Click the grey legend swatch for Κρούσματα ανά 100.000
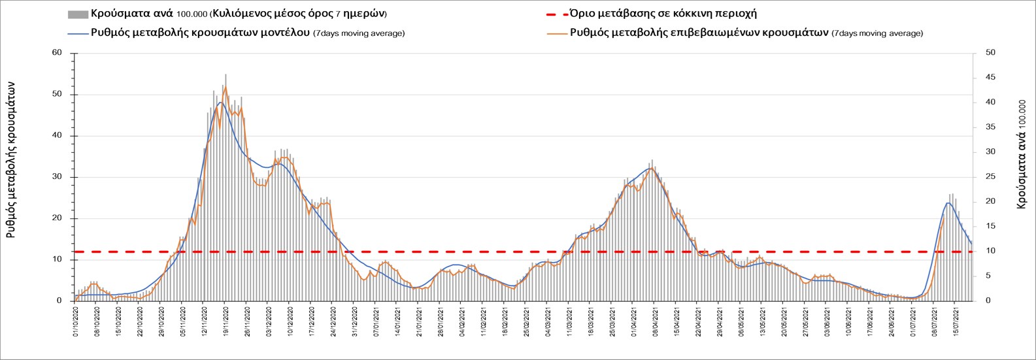(77, 14)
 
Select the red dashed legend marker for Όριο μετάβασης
(555, 14)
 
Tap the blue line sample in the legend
(77, 33)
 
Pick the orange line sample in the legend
(555, 33)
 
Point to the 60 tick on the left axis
(57, 53)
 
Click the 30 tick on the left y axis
(57, 177)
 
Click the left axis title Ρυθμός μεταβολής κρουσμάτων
(11, 163)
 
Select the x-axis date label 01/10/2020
(76, 321)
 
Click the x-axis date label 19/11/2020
(226, 321)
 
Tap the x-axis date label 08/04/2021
(655, 321)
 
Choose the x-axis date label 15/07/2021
(955, 321)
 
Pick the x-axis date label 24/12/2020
(333, 321)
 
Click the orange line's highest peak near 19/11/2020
(226, 86)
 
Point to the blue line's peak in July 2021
(947, 203)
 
